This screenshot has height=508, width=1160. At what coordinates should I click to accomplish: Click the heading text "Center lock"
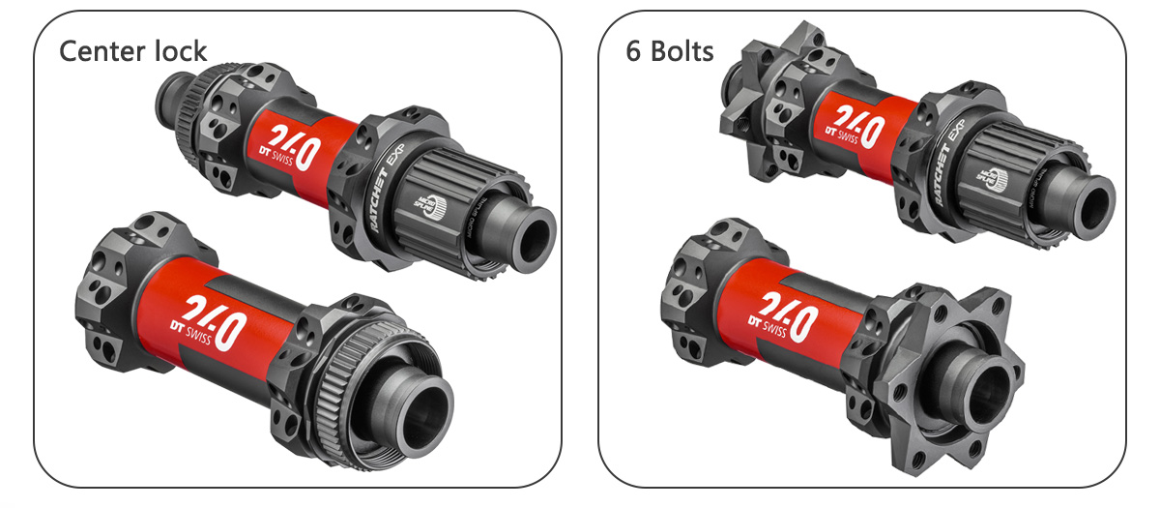[133, 50]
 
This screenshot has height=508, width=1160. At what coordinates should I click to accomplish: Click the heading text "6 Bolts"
[670, 50]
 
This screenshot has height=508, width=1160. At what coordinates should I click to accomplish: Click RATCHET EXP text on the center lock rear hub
[382, 189]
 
